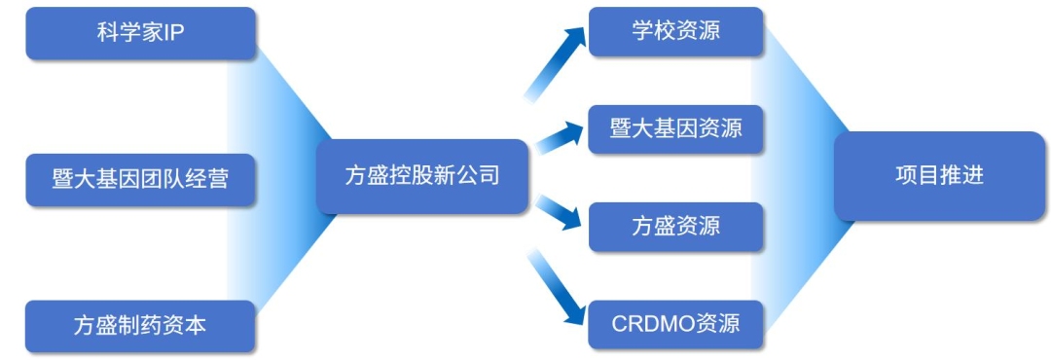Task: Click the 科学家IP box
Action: (141, 33)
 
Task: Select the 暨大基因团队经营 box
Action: (141, 180)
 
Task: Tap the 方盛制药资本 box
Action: (141, 326)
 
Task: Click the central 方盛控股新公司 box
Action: (422, 176)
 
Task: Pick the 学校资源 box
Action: (675, 31)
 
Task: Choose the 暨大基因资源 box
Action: (675, 129)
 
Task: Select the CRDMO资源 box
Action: (675, 324)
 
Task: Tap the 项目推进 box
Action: (940, 176)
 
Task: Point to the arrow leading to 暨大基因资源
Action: (560, 137)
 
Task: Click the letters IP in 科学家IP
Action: (173, 33)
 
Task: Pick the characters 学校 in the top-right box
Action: (654, 31)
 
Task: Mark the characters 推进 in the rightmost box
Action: (961, 176)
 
